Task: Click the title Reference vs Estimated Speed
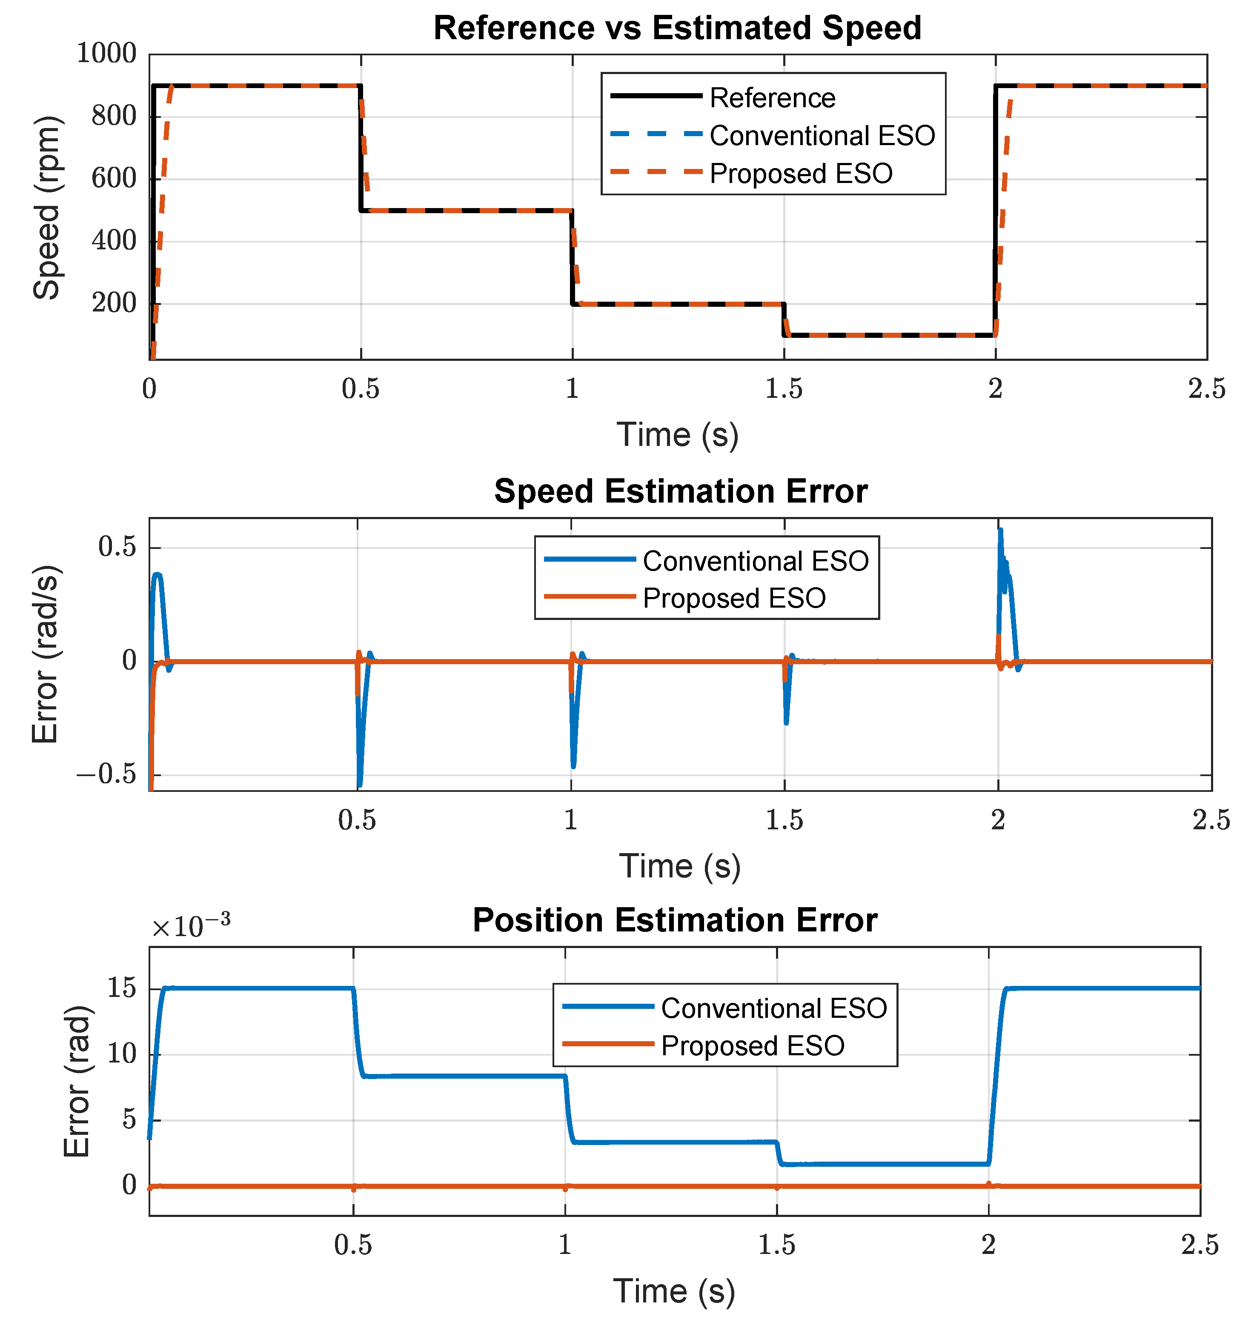pyautogui.click(x=677, y=28)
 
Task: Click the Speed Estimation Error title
pyautogui.click(x=681, y=491)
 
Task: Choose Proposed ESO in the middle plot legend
pyautogui.click(x=734, y=598)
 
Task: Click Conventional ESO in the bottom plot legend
pyautogui.click(x=773, y=1008)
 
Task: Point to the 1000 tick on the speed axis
pyautogui.click(x=106, y=54)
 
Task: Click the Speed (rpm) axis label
pyautogui.click(x=47, y=207)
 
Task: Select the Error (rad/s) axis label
pyautogui.click(x=46, y=654)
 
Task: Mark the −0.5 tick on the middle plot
pyautogui.click(x=106, y=775)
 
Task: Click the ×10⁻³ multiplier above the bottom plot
pyautogui.click(x=191, y=926)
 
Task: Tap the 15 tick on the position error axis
pyautogui.click(x=122, y=988)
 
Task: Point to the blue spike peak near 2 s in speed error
pyautogui.click(x=1001, y=531)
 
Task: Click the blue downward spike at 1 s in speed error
pyautogui.click(x=573, y=765)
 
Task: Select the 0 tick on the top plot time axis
pyautogui.click(x=149, y=388)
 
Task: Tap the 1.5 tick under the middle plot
pyautogui.click(x=784, y=820)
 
